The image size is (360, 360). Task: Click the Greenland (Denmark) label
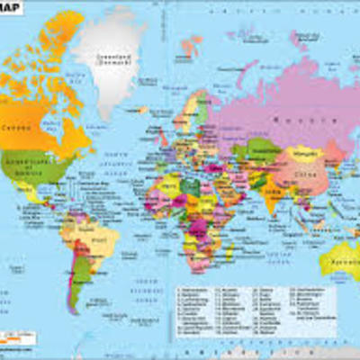pos(113,61)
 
